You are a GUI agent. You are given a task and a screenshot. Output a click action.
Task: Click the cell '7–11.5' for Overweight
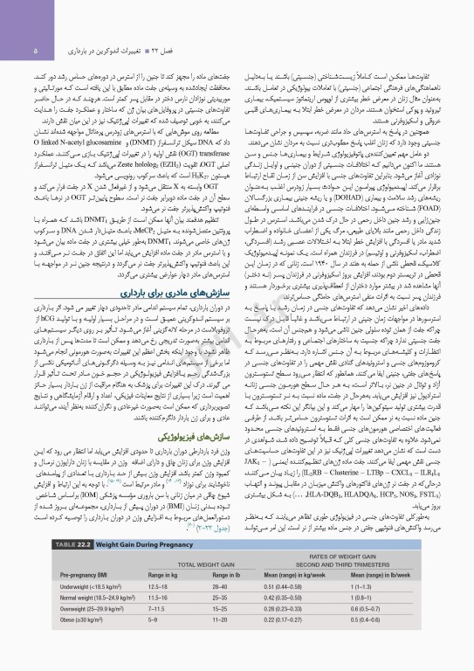pyautogui.click(x=159, y=636)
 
